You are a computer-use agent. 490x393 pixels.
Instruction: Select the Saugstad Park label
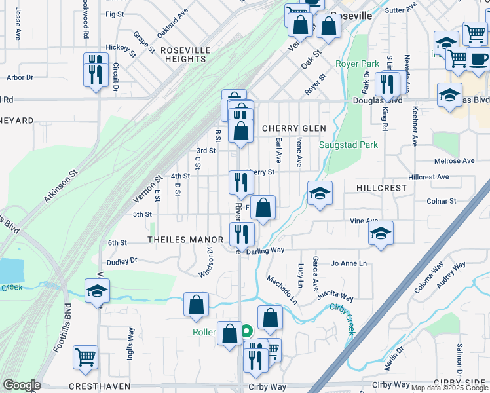pos(339,145)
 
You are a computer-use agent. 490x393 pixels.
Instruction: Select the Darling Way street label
pos(265,250)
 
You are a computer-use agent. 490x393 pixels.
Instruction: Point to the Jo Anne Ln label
pos(349,263)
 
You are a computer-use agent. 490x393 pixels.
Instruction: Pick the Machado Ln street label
pos(281,290)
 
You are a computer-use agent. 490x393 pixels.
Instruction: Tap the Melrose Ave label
pos(454,160)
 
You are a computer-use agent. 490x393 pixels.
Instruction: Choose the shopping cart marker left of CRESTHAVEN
pos(86,357)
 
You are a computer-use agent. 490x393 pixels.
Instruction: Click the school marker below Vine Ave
pos(380,234)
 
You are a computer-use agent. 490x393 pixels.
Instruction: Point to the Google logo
pos(22,385)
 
